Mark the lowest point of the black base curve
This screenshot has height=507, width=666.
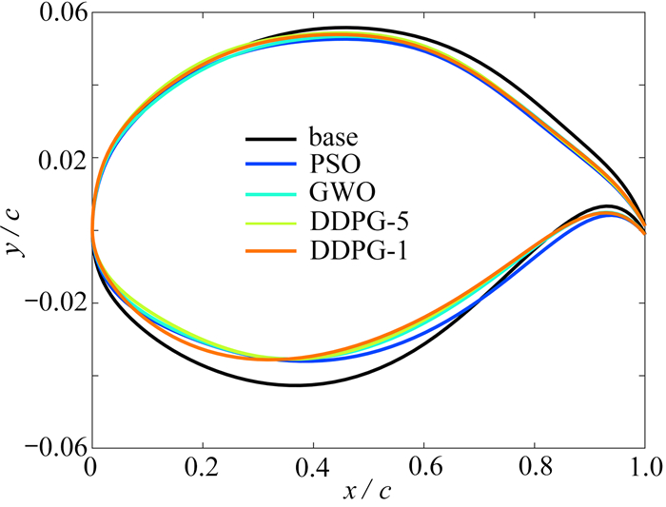(x=297, y=385)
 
